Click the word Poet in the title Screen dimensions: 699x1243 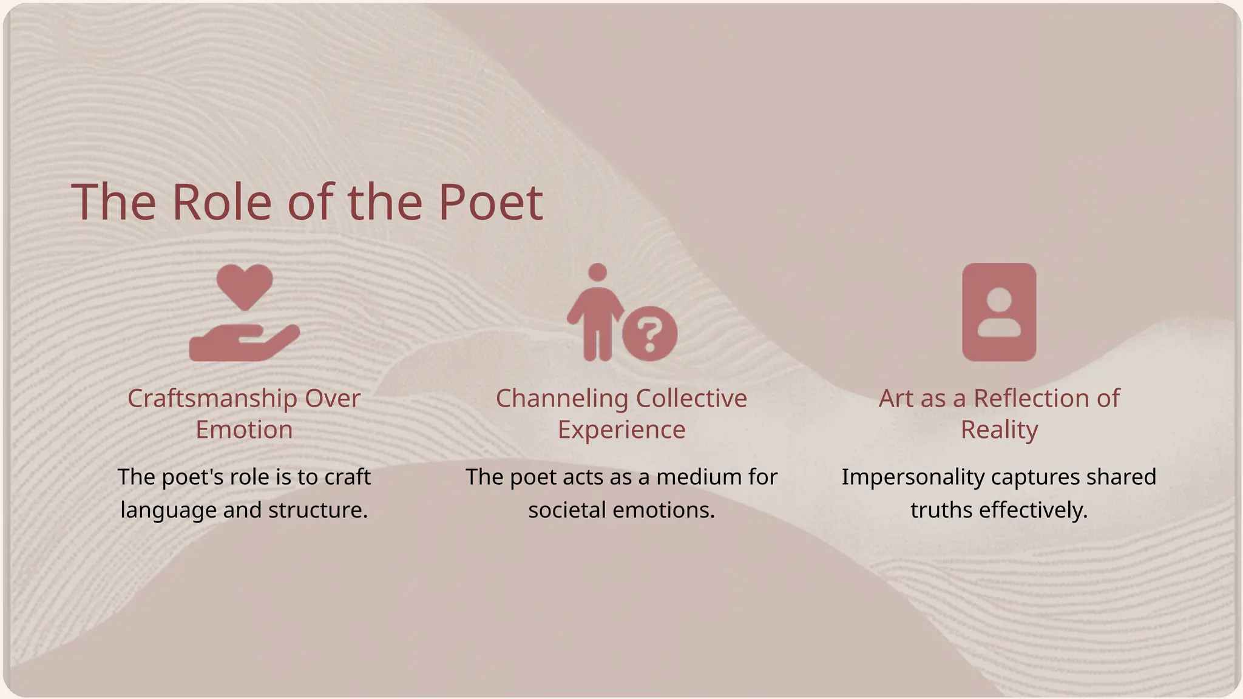[490, 202]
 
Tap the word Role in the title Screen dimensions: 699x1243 [222, 202]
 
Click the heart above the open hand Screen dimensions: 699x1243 [245, 285]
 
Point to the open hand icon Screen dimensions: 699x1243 [243, 343]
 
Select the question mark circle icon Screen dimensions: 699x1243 [649, 334]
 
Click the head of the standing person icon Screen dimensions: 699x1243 [598, 272]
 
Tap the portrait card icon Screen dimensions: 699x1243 [999, 312]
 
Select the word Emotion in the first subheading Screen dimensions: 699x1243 [244, 430]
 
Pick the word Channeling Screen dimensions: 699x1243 [553, 399]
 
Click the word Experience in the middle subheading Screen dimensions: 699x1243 [621, 430]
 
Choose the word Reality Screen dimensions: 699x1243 [999, 430]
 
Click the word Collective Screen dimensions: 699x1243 [691, 399]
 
